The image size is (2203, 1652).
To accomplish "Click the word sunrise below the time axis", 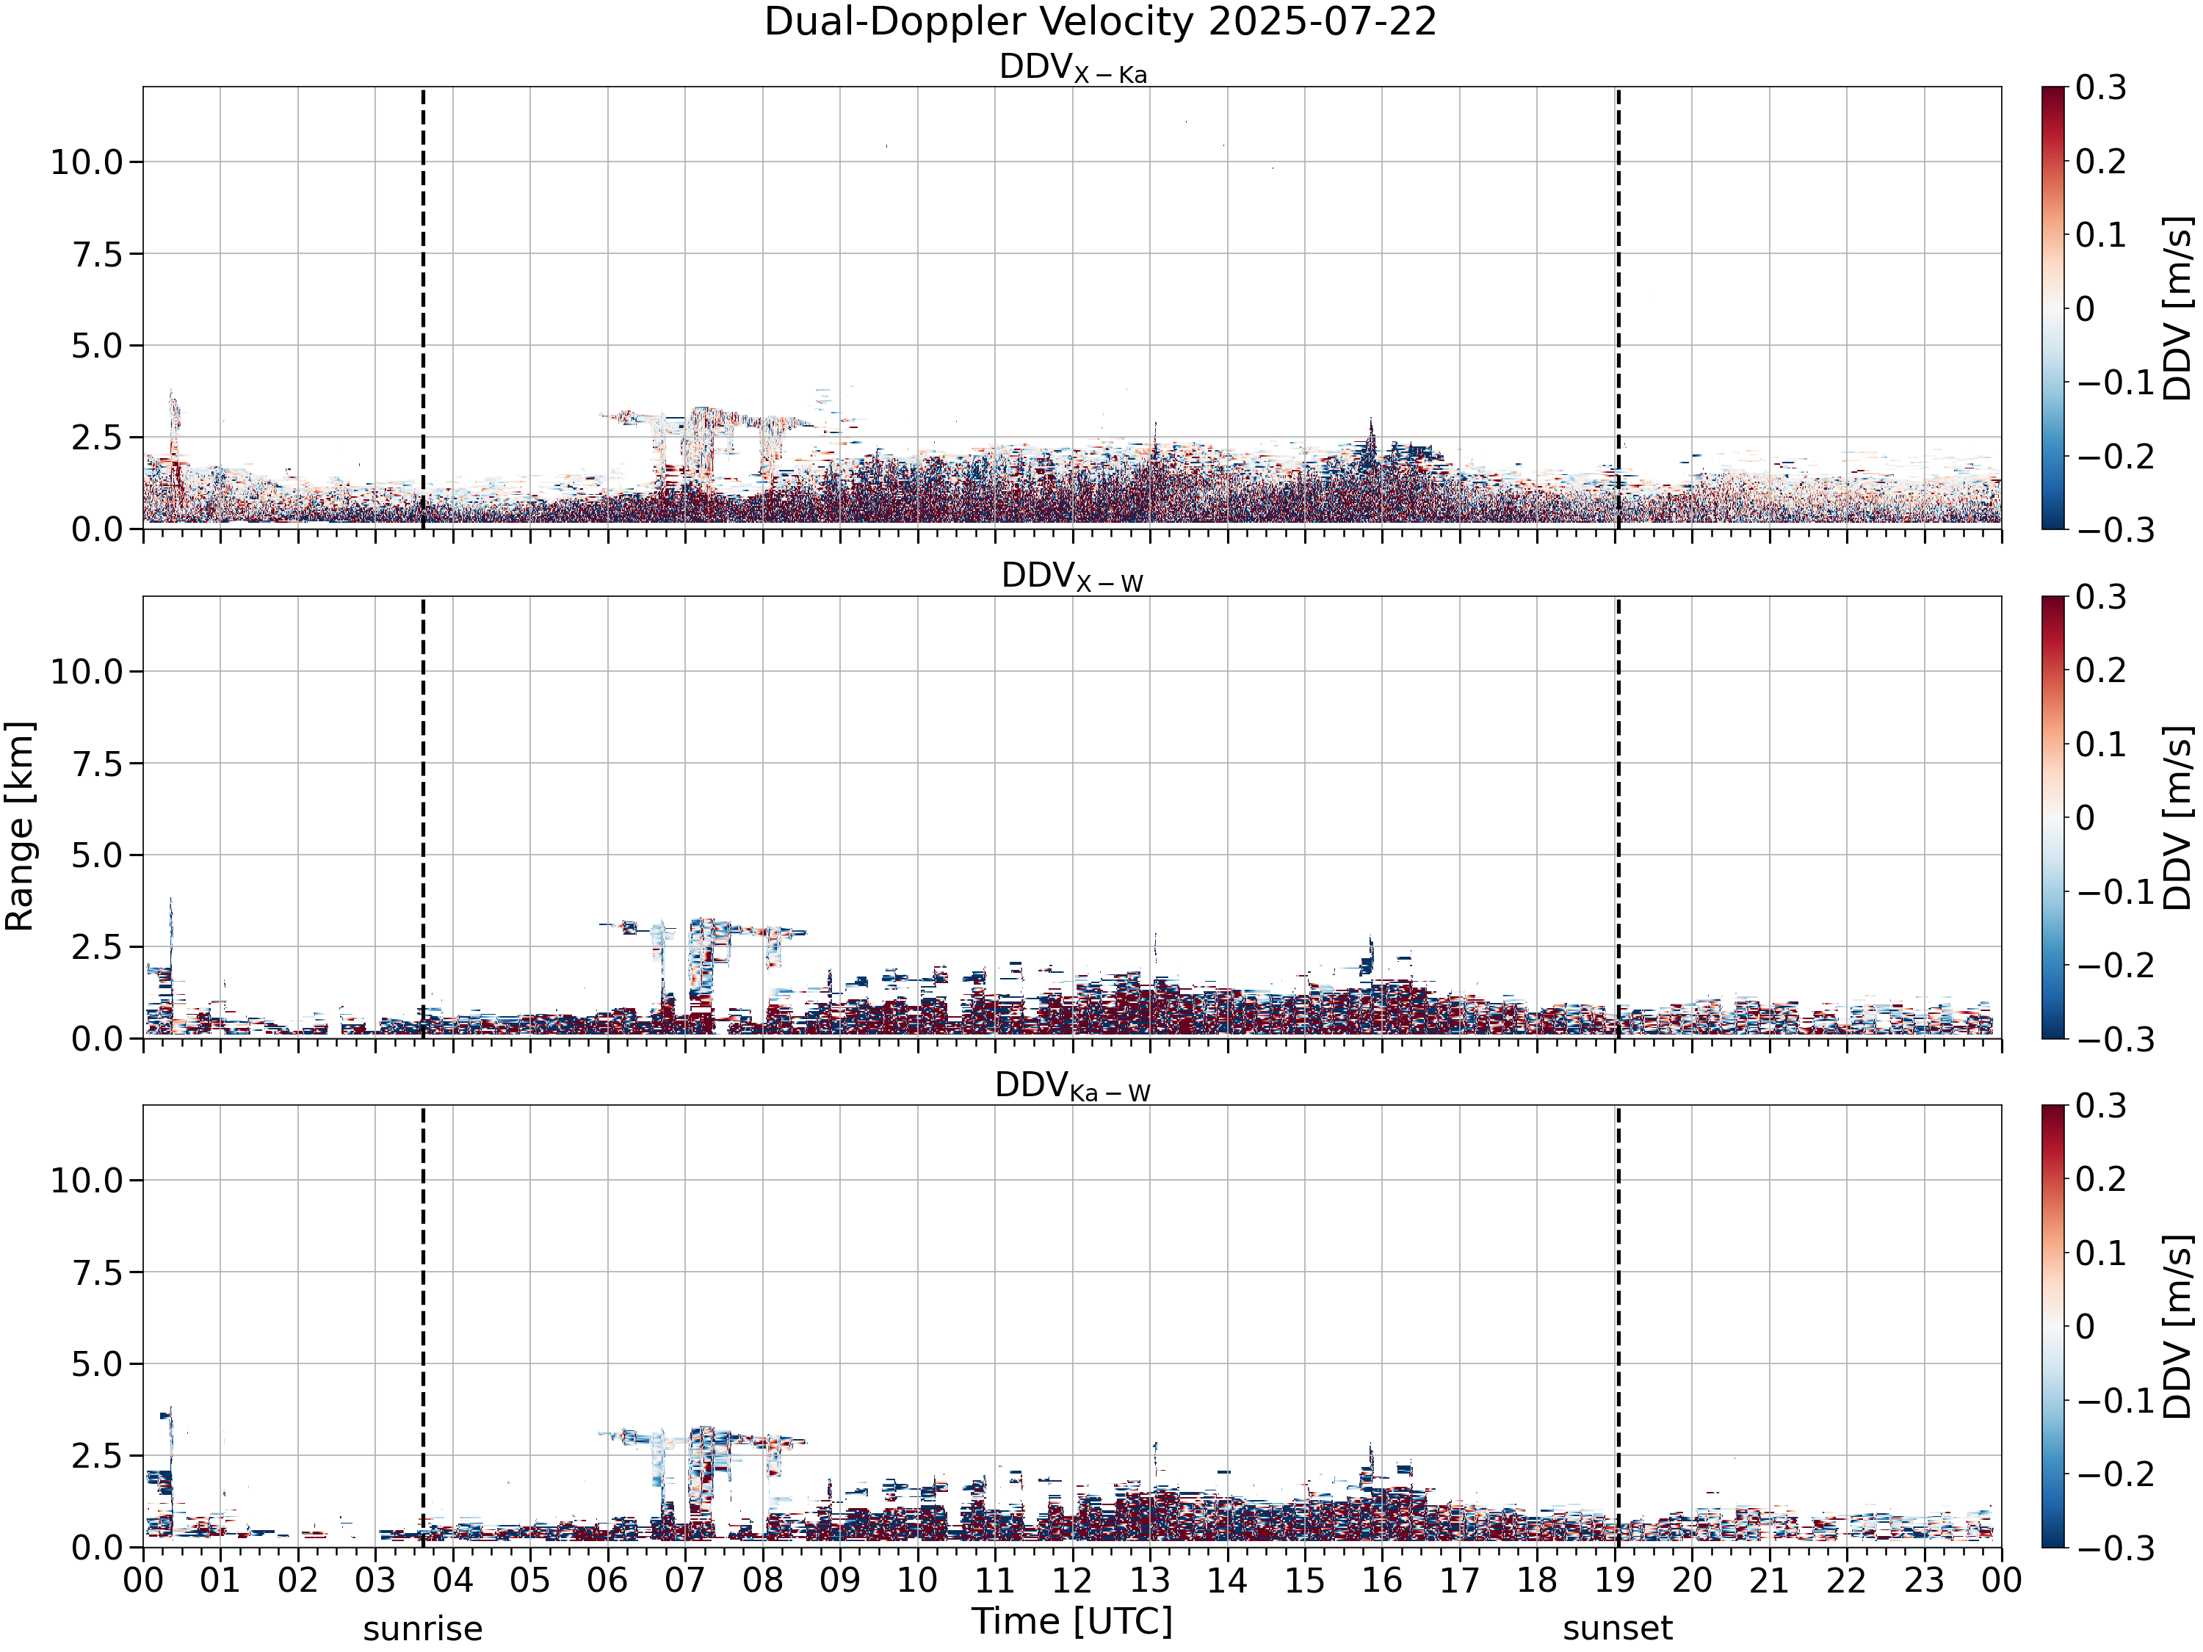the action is [x=422, y=1629].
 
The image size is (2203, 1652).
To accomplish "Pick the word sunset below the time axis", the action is [x=1618, y=1629].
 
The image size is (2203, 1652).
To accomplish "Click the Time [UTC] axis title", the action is [x=1073, y=1621].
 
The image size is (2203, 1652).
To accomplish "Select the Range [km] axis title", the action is [x=20, y=827].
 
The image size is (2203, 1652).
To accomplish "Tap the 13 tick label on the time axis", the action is [x=1150, y=1580].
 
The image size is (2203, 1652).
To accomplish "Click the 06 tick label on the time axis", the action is [x=607, y=1580].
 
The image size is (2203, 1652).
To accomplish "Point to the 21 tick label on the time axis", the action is [x=1770, y=1580].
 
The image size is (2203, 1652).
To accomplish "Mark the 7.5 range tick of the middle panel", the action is [x=101, y=764].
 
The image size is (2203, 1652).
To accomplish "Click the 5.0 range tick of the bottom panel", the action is [x=101, y=1364].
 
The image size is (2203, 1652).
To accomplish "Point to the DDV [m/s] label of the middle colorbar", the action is [x=2179, y=817].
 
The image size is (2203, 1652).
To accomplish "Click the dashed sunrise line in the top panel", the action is [x=423, y=308].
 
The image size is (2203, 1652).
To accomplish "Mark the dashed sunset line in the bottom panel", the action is [x=1618, y=1327].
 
